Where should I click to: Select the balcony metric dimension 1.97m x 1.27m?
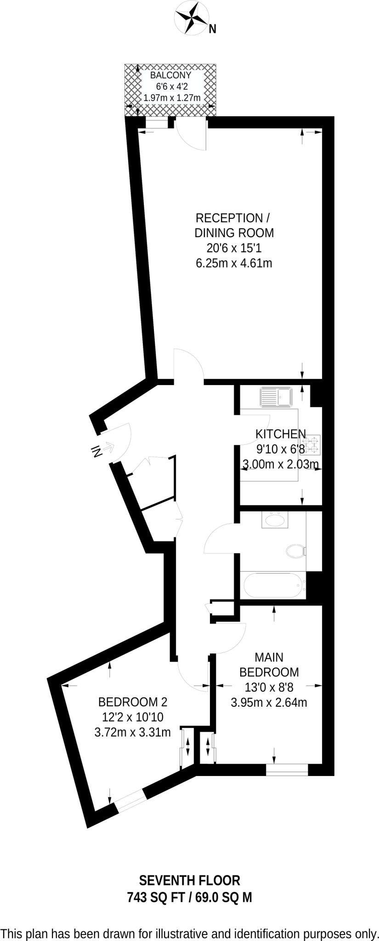click(x=172, y=97)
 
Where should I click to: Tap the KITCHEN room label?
click(x=280, y=433)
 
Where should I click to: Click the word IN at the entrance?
click(x=96, y=452)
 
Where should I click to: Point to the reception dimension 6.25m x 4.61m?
click(x=234, y=263)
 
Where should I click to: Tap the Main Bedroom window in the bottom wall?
click(x=287, y=769)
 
